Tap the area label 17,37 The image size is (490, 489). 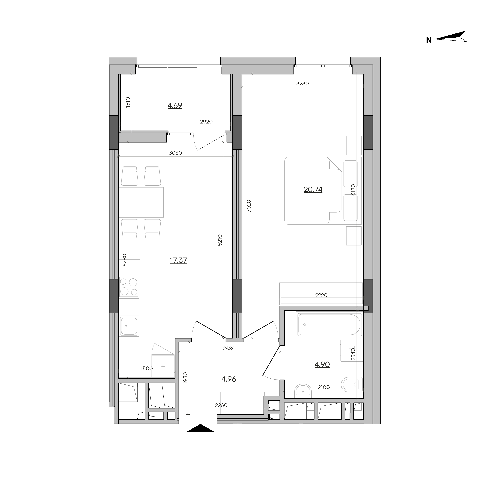[179, 260]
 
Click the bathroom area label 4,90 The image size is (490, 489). [322, 364]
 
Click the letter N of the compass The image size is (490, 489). [429, 40]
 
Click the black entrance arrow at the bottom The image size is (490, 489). [200, 428]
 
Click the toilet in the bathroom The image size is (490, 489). [352, 385]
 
